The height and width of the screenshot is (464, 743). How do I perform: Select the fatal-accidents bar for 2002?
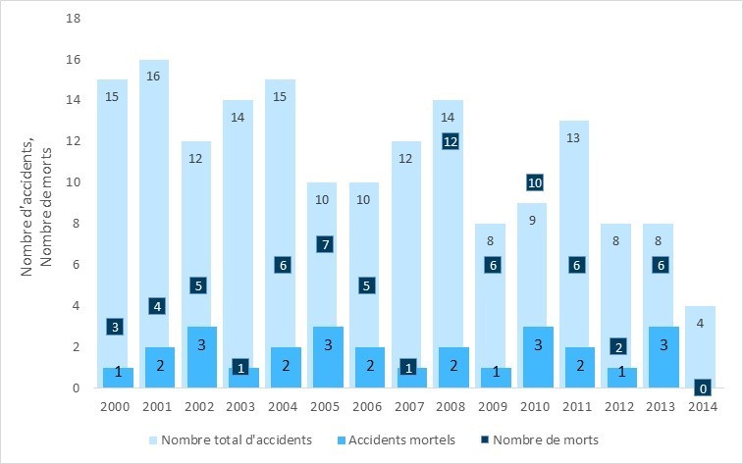coord(196,358)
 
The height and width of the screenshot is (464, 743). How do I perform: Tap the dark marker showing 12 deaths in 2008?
coord(450,141)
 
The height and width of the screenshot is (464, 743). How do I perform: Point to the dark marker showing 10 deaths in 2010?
coord(534,182)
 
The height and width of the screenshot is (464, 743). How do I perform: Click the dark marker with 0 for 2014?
coord(703,388)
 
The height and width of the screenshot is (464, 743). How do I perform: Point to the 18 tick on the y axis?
coord(73,19)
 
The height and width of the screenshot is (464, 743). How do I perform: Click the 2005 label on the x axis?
coord(323,407)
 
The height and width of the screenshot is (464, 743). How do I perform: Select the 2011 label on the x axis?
coord(575,407)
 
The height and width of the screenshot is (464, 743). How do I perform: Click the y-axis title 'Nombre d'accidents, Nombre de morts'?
coord(36,203)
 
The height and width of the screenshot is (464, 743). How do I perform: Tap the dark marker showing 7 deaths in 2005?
coord(323,244)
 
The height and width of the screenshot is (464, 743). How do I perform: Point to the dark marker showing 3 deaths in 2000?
coord(113,327)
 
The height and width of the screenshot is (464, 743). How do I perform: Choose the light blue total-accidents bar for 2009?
coord(492,294)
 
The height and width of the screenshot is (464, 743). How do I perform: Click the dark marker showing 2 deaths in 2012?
coord(617,346)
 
